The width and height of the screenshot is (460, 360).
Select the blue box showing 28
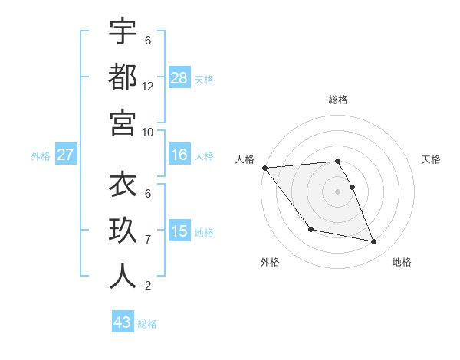tap(179, 77)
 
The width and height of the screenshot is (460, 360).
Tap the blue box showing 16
tap(179, 155)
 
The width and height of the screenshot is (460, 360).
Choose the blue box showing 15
tap(179, 231)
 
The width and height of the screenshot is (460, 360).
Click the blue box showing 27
tap(66, 155)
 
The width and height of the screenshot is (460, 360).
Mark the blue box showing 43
tap(123, 322)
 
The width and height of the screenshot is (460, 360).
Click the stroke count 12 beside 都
tap(148, 87)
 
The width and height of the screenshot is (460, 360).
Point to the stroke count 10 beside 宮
tap(148, 132)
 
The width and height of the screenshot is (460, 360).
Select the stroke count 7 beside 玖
tap(148, 240)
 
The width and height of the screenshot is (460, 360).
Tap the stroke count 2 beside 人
tap(148, 286)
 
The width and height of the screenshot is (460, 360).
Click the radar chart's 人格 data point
tap(264, 168)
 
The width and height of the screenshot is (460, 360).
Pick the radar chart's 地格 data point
tap(374, 242)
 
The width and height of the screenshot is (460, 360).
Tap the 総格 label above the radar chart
tap(337, 100)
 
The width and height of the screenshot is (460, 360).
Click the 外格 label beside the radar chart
tap(270, 262)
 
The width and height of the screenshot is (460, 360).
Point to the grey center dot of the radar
tap(337, 191)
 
